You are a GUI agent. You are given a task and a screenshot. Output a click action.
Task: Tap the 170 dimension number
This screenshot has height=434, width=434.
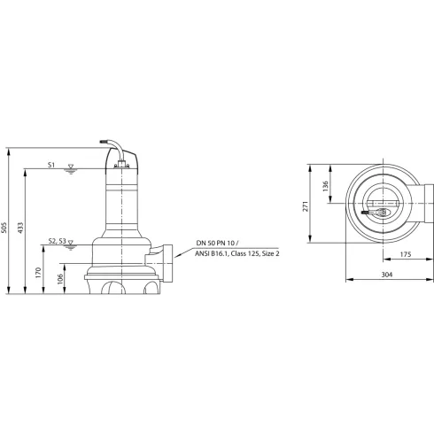[x=39, y=273]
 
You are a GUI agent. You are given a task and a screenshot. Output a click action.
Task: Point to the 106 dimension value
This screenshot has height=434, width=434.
[x=60, y=281]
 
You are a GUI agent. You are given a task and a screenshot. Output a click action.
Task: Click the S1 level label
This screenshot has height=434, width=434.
[x=51, y=165]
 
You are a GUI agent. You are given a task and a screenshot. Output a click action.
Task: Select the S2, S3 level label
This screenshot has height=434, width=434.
[x=56, y=240]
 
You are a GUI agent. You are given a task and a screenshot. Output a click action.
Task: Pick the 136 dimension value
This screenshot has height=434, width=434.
[x=325, y=185]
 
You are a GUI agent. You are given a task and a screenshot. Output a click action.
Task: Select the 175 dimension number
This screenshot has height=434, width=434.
[x=405, y=256]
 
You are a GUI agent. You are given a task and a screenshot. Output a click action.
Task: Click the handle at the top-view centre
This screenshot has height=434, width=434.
[x=377, y=213]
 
